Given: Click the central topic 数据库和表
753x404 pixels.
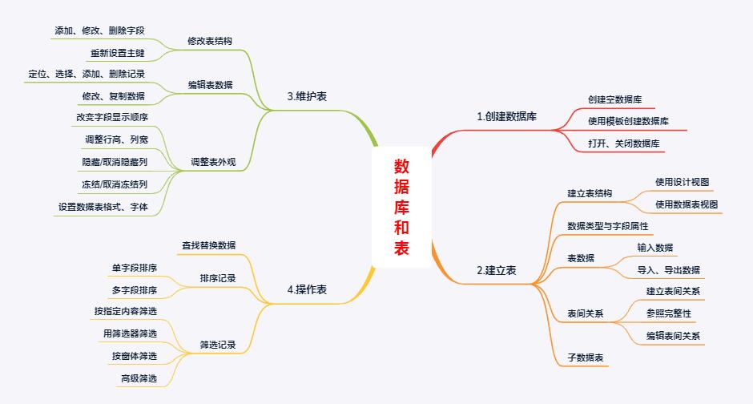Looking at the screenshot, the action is pyautogui.click(x=401, y=207).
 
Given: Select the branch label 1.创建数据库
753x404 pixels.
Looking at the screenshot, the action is pyautogui.click(x=506, y=117).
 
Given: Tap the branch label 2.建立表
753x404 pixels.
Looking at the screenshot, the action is pyautogui.click(x=496, y=271).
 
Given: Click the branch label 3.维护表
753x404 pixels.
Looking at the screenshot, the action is pyautogui.click(x=307, y=96).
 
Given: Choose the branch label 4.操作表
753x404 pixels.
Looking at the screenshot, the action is pyautogui.click(x=307, y=290).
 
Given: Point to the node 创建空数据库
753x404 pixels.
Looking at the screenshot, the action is pyautogui.click(x=615, y=99).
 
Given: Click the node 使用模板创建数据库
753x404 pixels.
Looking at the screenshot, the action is pyautogui.click(x=628, y=121).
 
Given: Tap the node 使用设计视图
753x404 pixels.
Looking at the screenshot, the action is pyautogui.click(x=682, y=182).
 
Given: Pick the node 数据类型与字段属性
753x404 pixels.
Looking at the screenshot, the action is pyautogui.click(x=607, y=227).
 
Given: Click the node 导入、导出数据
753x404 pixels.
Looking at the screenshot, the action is pyautogui.click(x=668, y=269).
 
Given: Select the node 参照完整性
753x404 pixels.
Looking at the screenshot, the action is pyautogui.click(x=668, y=313).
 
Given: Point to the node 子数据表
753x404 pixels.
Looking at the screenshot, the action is pyautogui.click(x=585, y=358).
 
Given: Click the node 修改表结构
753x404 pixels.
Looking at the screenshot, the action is pyautogui.click(x=210, y=40).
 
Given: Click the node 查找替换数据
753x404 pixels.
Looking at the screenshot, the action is pyautogui.click(x=208, y=245).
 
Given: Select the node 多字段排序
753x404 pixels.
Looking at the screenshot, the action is pyautogui.click(x=135, y=289).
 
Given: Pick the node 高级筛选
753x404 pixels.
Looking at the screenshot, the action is pyautogui.click(x=139, y=378).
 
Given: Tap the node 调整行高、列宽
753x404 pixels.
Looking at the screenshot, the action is pyautogui.click(x=116, y=139).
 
